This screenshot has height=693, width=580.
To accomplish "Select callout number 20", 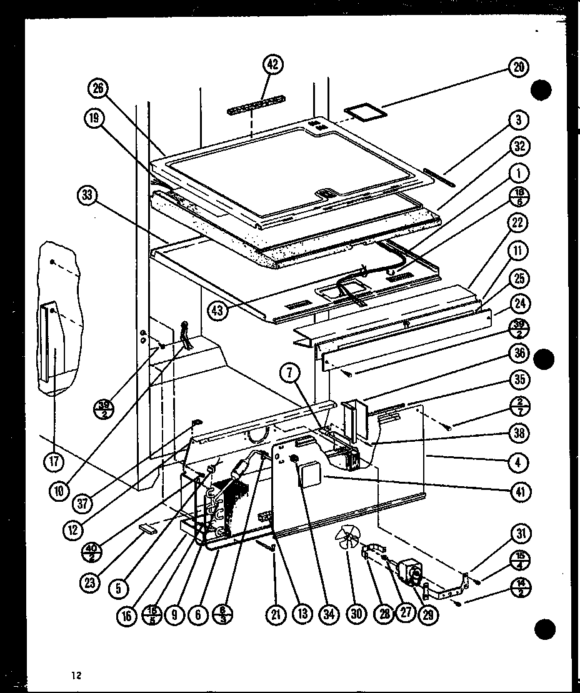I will tap(518, 68).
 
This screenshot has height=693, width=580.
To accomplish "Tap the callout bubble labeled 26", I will tap(98, 89).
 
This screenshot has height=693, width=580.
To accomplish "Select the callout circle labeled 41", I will tap(519, 492).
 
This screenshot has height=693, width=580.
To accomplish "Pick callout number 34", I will tap(329, 614).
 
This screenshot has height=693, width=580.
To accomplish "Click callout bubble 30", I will tap(356, 614).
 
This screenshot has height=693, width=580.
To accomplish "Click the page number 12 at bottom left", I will tap(76, 675).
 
